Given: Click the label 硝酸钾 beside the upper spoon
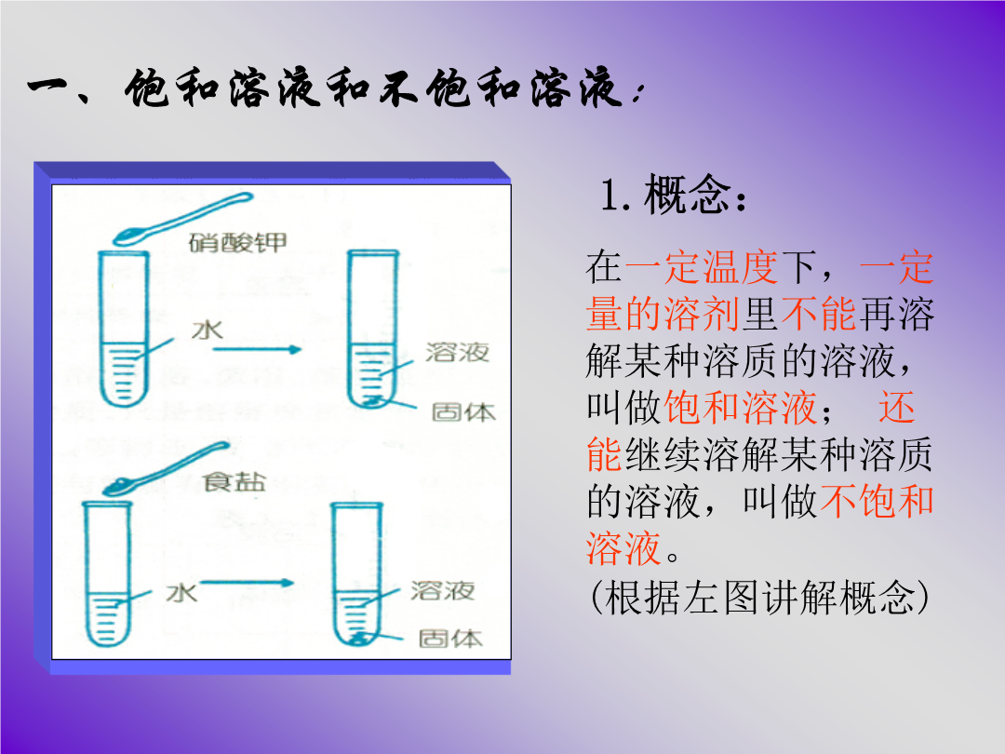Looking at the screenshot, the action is click(238, 242).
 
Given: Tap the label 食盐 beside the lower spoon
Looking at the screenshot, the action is click(234, 481).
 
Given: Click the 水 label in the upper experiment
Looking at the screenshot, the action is click(208, 330).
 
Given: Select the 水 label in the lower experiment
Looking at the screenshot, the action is click(181, 592).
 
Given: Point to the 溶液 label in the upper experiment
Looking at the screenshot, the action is click(457, 351).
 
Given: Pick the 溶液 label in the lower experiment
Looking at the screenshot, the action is click(443, 590).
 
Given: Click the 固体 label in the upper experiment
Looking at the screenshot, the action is click(463, 411).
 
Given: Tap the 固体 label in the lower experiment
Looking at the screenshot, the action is click(450, 638).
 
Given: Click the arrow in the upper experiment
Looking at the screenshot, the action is click(257, 349).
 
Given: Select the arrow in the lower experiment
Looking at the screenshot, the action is click(248, 583).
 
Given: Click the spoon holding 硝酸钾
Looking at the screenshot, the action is click(182, 220).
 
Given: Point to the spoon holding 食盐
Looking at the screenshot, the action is click(166, 468).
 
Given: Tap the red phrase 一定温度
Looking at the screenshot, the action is click(702, 267).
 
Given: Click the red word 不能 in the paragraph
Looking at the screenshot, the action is click(818, 315).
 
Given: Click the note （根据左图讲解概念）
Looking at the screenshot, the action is click(759, 597).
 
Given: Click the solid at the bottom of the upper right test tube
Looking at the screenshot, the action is click(371, 402).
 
